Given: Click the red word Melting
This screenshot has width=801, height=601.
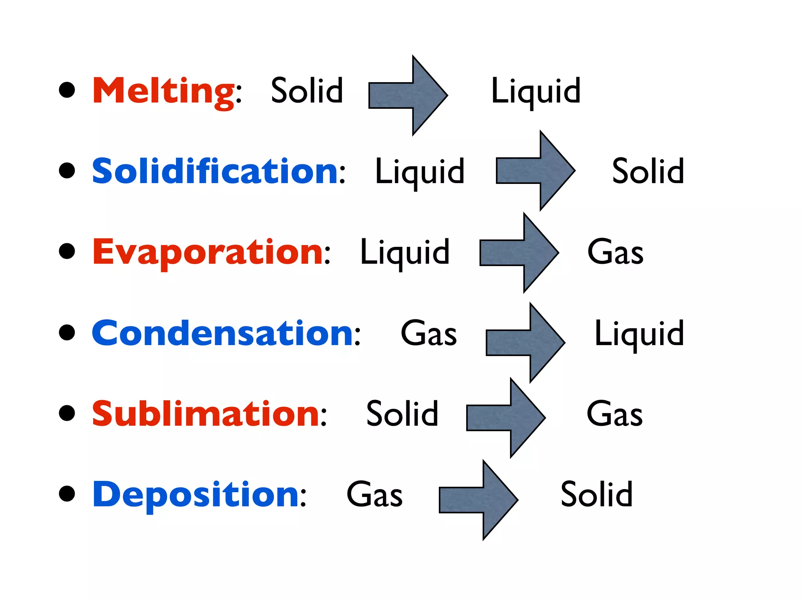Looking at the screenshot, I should click(x=163, y=91).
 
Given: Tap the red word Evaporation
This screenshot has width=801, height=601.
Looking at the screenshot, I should click(x=208, y=252).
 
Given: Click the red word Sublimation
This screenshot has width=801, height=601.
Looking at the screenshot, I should click(x=206, y=414).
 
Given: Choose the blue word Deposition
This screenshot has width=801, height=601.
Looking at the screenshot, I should click(x=196, y=495).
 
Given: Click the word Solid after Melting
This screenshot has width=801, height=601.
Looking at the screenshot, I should click(x=307, y=91).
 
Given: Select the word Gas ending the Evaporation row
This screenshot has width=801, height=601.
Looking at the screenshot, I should click(x=615, y=252).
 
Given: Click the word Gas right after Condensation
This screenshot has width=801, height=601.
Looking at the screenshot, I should click(x=429, y=333).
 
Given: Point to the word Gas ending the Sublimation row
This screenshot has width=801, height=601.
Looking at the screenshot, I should click(x=614, y=414).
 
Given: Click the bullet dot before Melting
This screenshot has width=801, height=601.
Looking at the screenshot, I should click(x=67, y=90).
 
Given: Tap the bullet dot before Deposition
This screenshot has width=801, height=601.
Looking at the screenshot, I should click(x=67, y=494).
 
